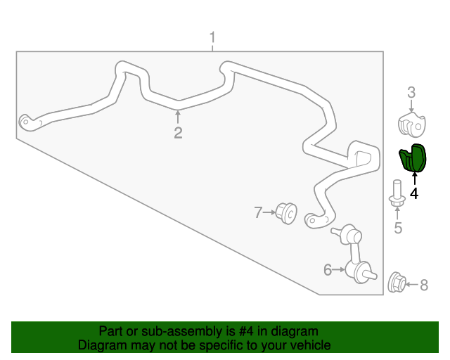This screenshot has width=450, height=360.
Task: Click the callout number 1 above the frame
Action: click(x=212, y=38)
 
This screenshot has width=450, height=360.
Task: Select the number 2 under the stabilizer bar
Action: click(x=178, y=133)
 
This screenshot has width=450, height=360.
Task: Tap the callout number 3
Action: click(x=411, y=93)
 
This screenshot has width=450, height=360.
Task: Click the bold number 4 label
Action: click(x=414, y=193)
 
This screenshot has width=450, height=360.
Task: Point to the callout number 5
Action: click(x=398, y=228)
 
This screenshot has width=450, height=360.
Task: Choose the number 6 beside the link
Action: click(x=328, y=270)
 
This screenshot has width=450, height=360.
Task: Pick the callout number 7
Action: click(x=258, y=213)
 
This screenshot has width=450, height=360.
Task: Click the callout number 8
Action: click(x=424, y=285)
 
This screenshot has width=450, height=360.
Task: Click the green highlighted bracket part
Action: click(x=413, y=158)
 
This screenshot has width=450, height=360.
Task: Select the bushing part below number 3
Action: click(x=412, y=124)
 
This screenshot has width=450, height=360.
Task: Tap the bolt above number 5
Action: click(x=397, y=194)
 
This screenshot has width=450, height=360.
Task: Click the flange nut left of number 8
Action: click(x=397, y=283)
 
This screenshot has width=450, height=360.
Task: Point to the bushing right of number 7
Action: click(x=286, y=213)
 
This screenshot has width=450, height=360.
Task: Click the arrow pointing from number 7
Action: click(x=269, y=212)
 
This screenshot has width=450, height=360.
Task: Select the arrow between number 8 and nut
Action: click(x=412, y=285)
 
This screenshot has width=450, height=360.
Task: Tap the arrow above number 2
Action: click(x=178, y=117)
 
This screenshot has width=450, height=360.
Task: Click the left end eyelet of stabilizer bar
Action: click(x=25, y=122)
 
